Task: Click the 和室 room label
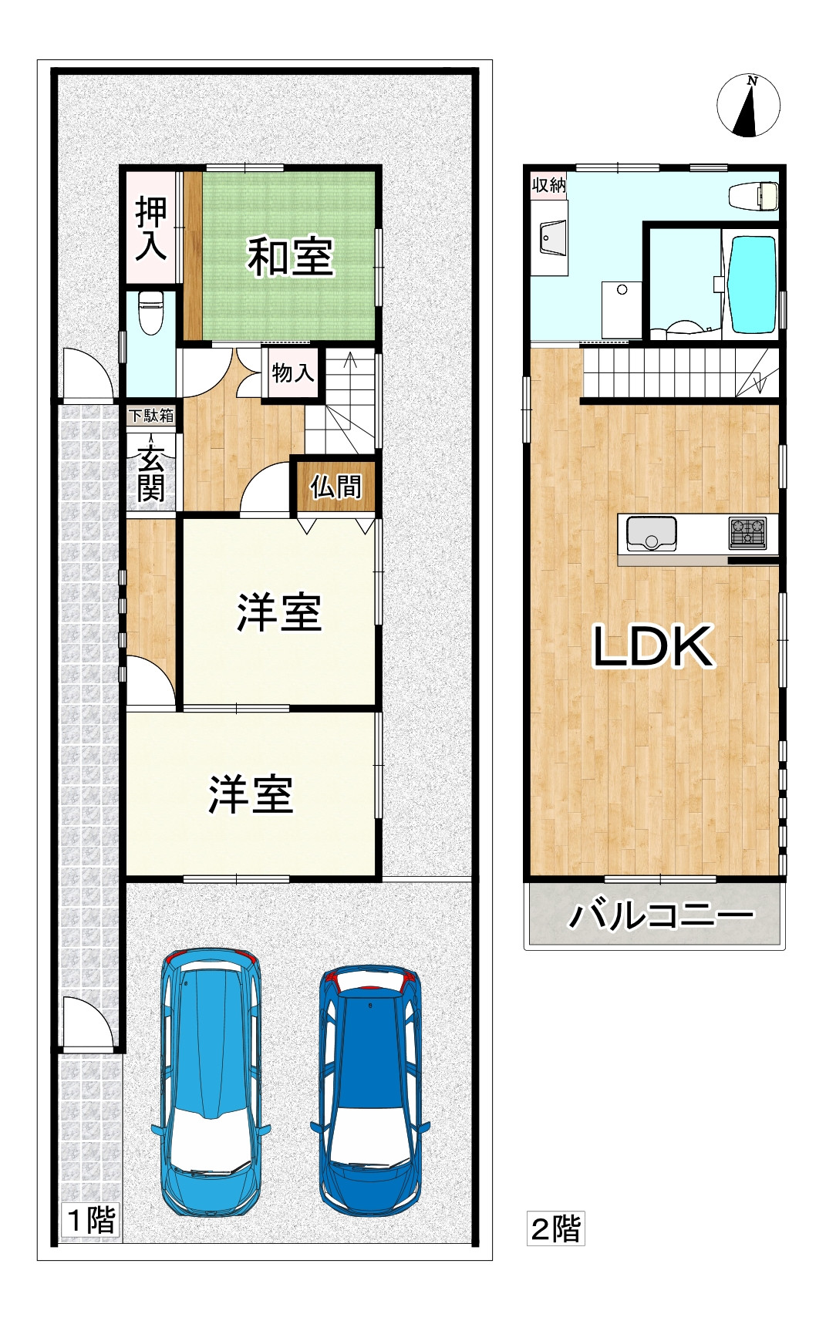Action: [290, 257]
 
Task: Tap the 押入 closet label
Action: [151, 229]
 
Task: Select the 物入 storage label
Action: [293, 373]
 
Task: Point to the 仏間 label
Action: [335, 487]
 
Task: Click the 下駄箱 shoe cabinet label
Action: [151, 416]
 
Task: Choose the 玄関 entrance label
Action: [151, 473]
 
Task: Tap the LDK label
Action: [652, 646]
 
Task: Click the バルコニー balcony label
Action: [660, 915]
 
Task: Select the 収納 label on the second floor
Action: [549, 185]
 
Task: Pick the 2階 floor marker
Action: [555, 1228]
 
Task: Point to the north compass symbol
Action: [748, 106]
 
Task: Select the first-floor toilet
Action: [151, 312]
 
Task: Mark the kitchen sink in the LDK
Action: [652, 533]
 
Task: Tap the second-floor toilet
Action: [754, 195]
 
